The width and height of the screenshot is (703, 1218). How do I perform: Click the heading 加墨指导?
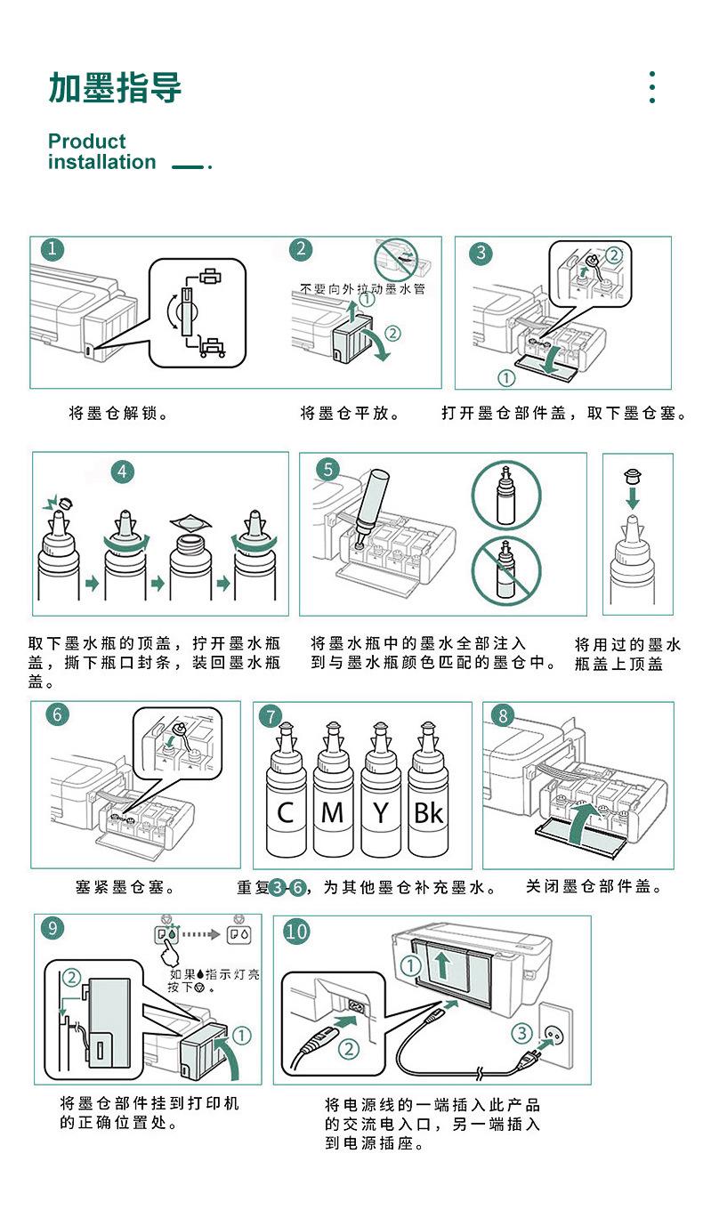115,88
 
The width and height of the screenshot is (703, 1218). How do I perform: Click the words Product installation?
101,152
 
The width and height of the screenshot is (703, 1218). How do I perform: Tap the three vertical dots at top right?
652,87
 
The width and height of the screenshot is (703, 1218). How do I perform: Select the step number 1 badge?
54,250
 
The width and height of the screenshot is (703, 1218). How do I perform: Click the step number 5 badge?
328,469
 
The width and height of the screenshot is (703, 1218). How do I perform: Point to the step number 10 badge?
296,932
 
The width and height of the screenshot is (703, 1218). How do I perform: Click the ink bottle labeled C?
286,796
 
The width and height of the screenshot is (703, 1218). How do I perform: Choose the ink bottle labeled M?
333,796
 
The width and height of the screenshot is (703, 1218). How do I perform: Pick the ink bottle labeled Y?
381,796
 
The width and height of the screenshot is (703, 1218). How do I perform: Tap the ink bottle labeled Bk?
428,796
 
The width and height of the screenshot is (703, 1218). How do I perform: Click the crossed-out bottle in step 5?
505,569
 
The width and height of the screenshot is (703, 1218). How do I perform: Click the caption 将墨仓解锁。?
119,414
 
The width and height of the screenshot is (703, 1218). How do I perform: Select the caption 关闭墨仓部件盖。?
594,887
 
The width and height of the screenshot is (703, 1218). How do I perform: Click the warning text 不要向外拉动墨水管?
362,290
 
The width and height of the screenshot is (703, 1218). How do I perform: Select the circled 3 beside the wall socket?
521,1033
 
